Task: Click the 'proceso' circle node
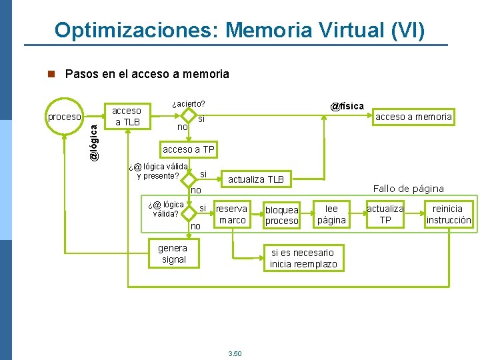click(x=64, y=117)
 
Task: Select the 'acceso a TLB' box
click(x=127, y=116)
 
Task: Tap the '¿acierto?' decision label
click(x=188, y=104)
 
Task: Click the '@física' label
click(x=347, y=106)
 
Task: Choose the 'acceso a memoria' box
click(x=413, y=117)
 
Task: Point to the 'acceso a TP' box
click(x=189, y=149)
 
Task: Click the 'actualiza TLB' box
click(x=256, y=179)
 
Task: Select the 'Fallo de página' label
click(x=408, y=189)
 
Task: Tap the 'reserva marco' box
click(x=232, y=214)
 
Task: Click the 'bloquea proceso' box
click(x=282, y=215)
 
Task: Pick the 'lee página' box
click(x=331, y=214)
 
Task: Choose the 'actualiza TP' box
click(x=385, y=214)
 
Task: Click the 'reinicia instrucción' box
click(x=448, y=214)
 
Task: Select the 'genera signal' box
click(x=173, y=254)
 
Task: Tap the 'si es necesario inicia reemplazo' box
click(x=303, y=258)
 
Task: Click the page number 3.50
click(x=235, y=353)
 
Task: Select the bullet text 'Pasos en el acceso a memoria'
click(x=147, y=74)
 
